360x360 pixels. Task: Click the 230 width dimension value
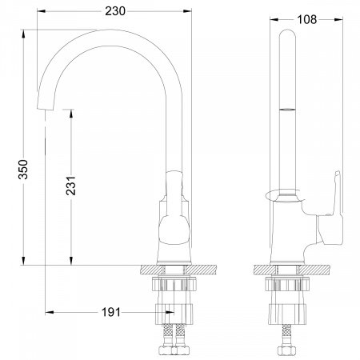pyautogui.click(x=115, y=11)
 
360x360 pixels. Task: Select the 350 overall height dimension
pyautogui.click(x=23, y=170)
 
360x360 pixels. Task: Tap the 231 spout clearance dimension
pyautogui.click(x=71, y=186)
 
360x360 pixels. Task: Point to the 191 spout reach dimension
pyautogui.click(x=110, y=312)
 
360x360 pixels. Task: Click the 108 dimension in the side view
pyautogui.click(x=306, y=19)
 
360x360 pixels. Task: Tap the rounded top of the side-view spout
pyautogui.click(x=287, y=34)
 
